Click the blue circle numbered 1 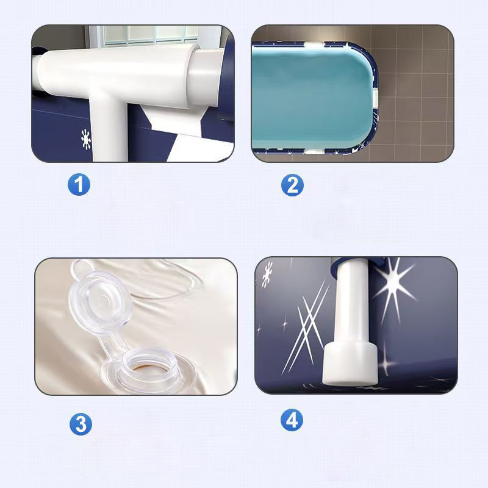(x=79, y=185)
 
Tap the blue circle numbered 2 (x=292, y=185)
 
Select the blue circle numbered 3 (x=81, y=424)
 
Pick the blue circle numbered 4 (x=292, y=420)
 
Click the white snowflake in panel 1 (x=86, y=139)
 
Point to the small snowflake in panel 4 (x=267, y=274)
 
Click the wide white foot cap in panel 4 (x=350, y=362)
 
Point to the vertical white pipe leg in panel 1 (x=109, y=131)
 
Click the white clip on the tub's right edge (x=375, y=96)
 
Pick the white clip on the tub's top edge (x=314, y=45)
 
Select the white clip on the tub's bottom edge (x=314, y=151)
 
